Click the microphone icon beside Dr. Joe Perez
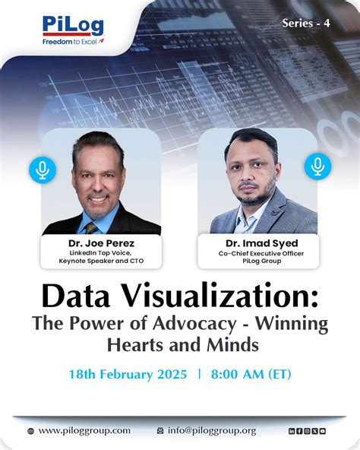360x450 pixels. (x=43, y=170)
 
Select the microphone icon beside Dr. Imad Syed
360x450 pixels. (x=317, y=166)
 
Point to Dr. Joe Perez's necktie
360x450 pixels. (x=92, y=226)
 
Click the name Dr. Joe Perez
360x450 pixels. (x=101, y=243)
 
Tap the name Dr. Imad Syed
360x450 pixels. (x=257, y=243)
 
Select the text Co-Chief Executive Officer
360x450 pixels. (x=257, y=253)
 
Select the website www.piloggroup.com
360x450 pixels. (x=84, y=430)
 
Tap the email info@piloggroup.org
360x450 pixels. (x=212, y=430)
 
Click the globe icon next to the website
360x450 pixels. (x=30, y=431)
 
